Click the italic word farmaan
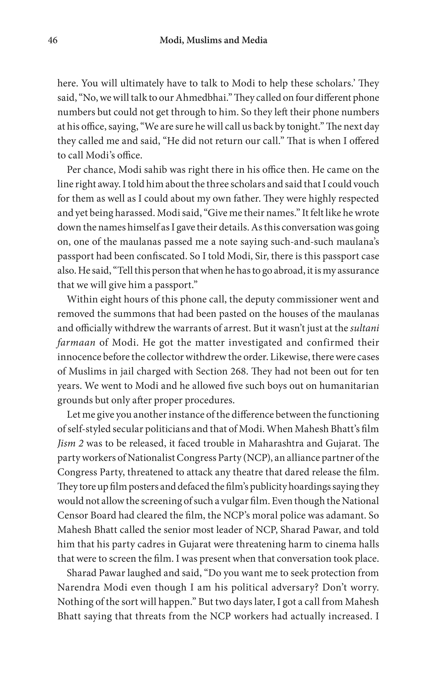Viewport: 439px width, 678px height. (76, 342)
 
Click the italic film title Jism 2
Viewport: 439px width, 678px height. (70, 444)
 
